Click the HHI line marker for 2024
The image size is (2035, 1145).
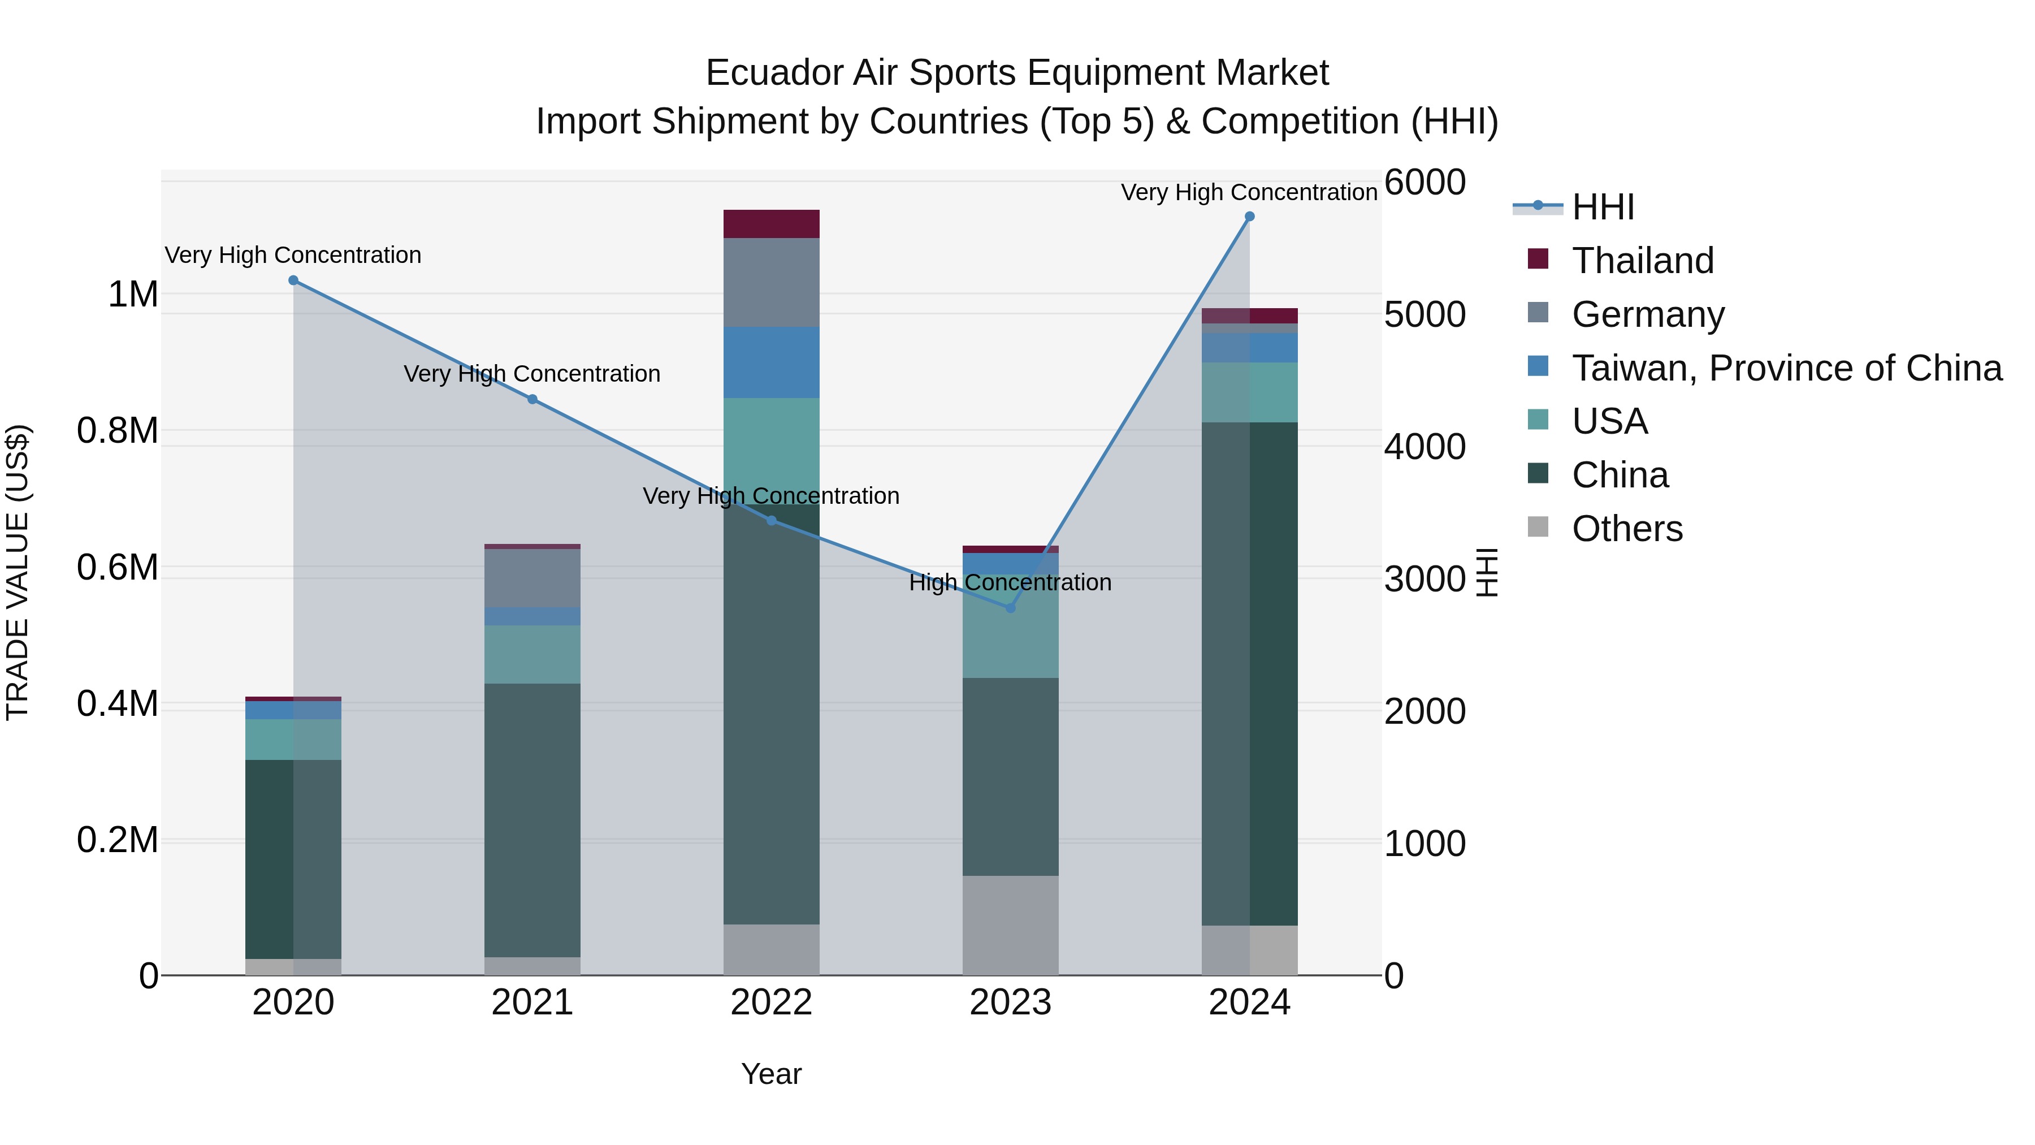coord(1249,217)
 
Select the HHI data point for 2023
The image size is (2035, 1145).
coord(1010,608)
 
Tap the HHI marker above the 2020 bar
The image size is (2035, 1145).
coord(293,280)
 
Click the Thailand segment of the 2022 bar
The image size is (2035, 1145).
coord(771,223)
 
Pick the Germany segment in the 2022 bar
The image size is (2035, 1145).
coord(771,282)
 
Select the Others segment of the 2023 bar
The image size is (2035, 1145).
coord(1010,924)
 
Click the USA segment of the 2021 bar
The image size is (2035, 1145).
coord(532,654)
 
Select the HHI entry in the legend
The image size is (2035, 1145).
coord(1602,207)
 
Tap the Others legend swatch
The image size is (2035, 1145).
coord(1538,527)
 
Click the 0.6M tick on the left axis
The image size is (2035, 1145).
coord(118,567)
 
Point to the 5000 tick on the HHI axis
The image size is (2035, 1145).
coord(1424,314)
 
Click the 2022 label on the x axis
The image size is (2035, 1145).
coord(771,1003)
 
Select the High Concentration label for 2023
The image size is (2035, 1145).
coord(1010,582)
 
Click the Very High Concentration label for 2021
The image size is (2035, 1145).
coord(532,374)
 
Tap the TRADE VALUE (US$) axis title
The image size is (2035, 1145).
coord(18,572)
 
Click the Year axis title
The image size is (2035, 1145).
coord(771,1074)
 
